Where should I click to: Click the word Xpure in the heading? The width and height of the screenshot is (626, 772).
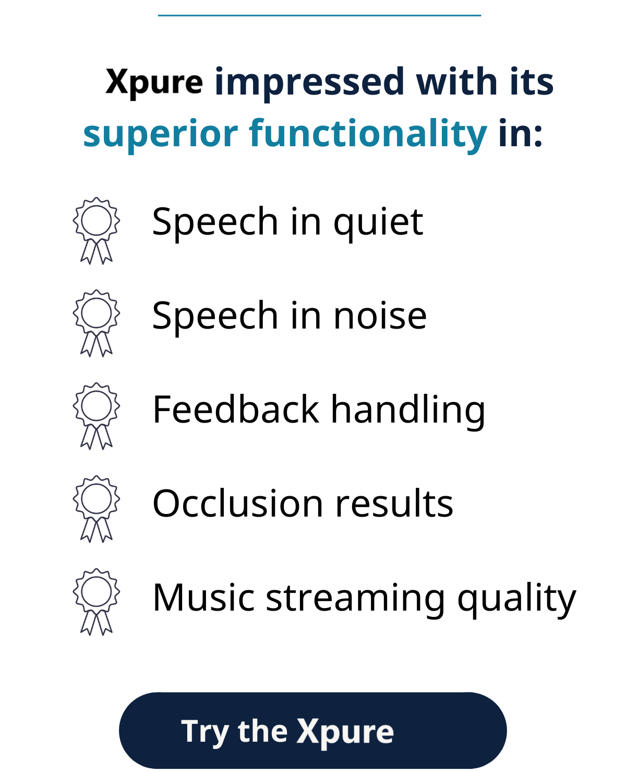[154, 83]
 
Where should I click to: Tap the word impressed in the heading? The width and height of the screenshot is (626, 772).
[309, 83]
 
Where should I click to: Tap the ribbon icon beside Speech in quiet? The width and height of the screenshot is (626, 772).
[97, 231]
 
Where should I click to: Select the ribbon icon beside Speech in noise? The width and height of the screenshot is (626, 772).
[97, 323]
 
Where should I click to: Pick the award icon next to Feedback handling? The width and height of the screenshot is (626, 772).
[97, 416]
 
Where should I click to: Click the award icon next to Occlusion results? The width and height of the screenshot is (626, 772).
[97, 509]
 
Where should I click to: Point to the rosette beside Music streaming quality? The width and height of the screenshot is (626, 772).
[97, 602]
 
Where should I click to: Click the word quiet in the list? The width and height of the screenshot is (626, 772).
[378, 224]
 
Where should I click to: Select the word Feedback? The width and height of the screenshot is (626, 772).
[236, 409]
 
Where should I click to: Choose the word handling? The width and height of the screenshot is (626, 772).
[408, 412]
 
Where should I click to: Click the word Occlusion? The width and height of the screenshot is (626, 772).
[238, 503]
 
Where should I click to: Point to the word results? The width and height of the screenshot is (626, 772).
[394, 503]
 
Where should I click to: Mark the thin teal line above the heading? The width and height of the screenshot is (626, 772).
[319, 15]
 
